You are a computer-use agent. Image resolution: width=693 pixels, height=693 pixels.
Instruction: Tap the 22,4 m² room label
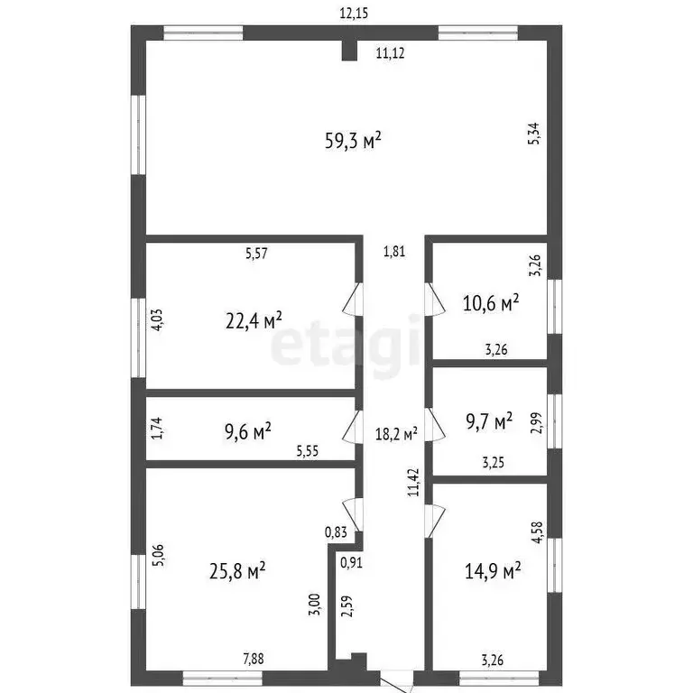click(x=253, y=319)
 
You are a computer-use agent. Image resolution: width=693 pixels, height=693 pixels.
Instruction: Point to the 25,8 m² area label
click(x=237, y=570)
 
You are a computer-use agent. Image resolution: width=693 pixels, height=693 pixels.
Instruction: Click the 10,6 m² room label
click(x=491, y=304)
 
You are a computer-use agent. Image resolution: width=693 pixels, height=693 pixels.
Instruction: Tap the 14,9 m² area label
click(x=492, y=570)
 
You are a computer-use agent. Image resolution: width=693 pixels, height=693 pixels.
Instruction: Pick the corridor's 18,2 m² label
click(x=395, y=434)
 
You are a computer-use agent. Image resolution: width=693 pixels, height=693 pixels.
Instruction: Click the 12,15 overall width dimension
click(x=354, y=14)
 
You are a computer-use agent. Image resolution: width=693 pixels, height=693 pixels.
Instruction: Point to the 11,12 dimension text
click(x=390, y=53)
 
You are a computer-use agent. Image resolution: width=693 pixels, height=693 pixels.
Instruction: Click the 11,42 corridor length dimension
click(x=413, y=483)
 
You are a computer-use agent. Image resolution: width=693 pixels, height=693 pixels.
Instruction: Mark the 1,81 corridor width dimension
click(x=393, y=252)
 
